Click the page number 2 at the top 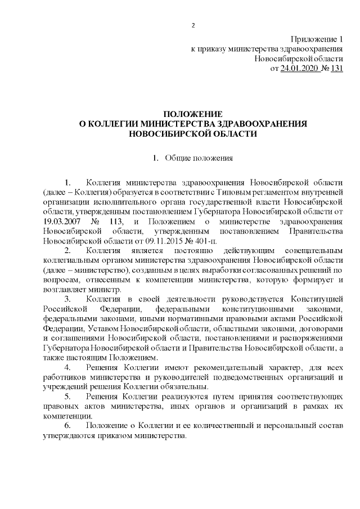tap(192, 25)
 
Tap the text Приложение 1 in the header tap(316, 39)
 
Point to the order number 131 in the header tap(336, 69)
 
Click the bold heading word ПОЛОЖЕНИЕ tap(192, 114)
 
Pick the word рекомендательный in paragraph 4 tap(213, 367)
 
